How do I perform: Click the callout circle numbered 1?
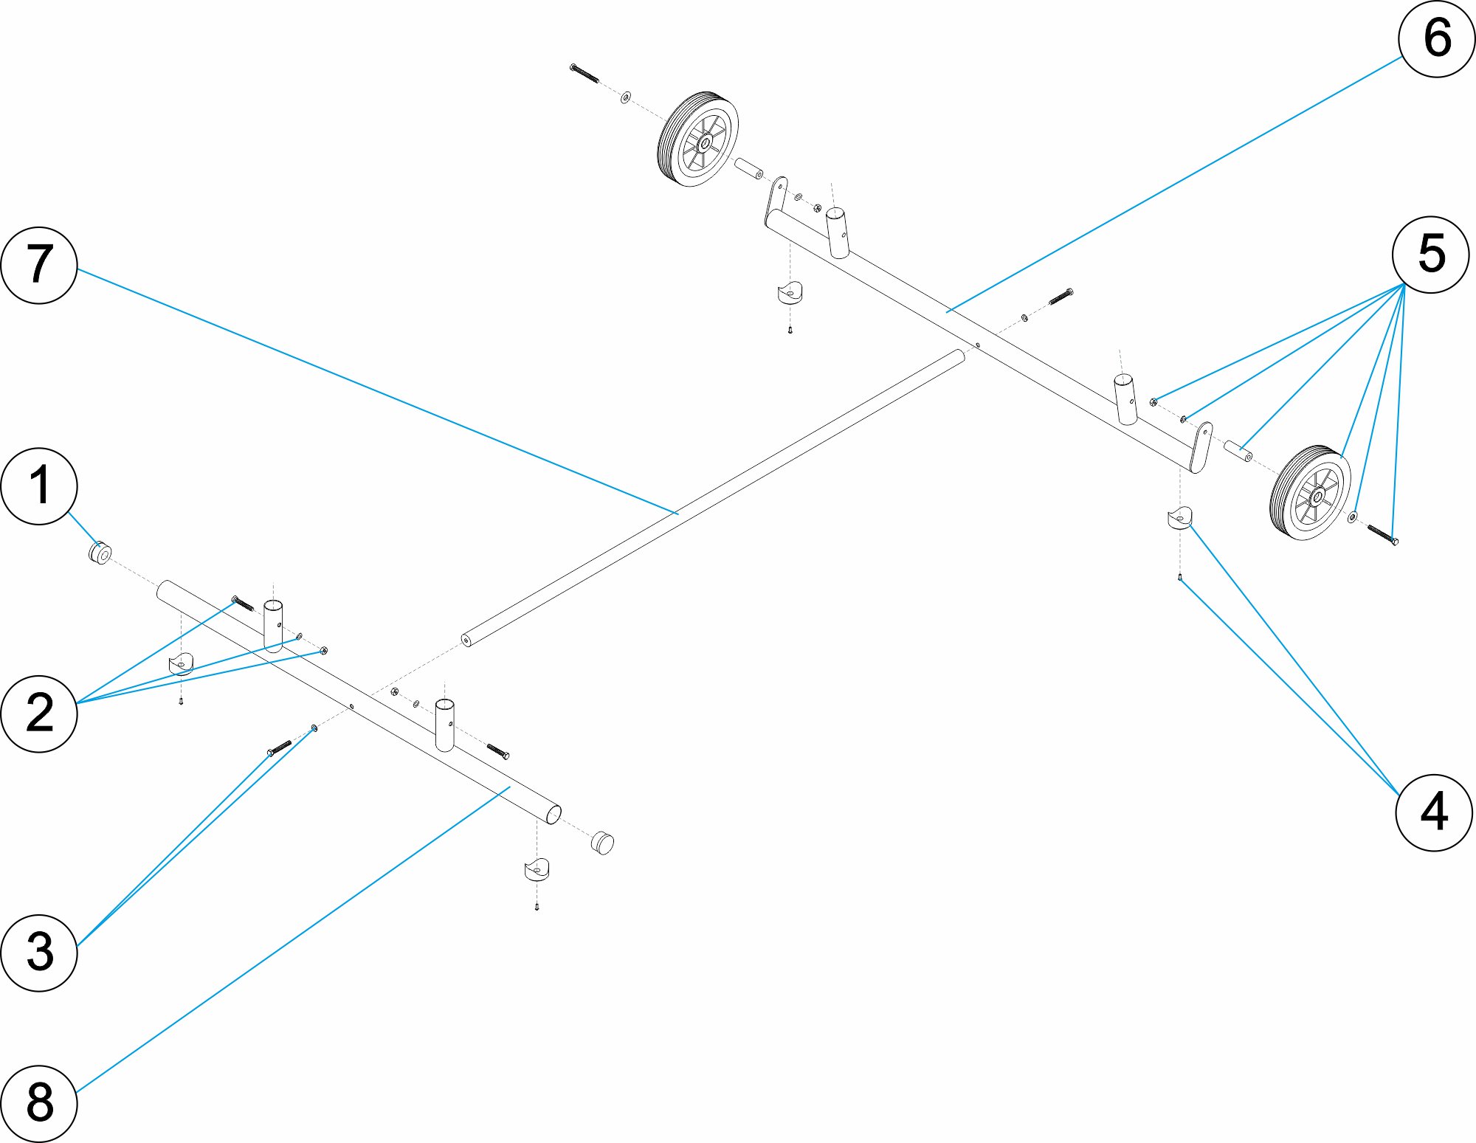click(39, 486)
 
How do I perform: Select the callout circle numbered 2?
click(39, 714)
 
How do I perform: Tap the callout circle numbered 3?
click(39, 952)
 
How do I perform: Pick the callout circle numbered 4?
click(1434, 812)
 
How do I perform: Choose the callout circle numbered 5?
click(1430, 255)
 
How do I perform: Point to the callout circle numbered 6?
click(1436, 38)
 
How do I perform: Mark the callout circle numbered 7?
click(39, 265)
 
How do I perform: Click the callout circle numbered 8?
click(39, 1103)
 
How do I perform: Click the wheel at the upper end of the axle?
click(697, 139)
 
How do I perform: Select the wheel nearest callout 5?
click(1311, 492)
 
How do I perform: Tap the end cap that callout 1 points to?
click(100, 553)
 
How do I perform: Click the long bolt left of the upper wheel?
click(584, 73)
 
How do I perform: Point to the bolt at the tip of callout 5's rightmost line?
click(1382, 534)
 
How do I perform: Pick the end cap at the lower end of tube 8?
click(602, 843)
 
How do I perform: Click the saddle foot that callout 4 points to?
click(1179, 518)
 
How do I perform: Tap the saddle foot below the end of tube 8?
click(537, 869)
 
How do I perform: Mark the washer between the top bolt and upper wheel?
click(626, 97)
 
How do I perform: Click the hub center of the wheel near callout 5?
click(1317, 497)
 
